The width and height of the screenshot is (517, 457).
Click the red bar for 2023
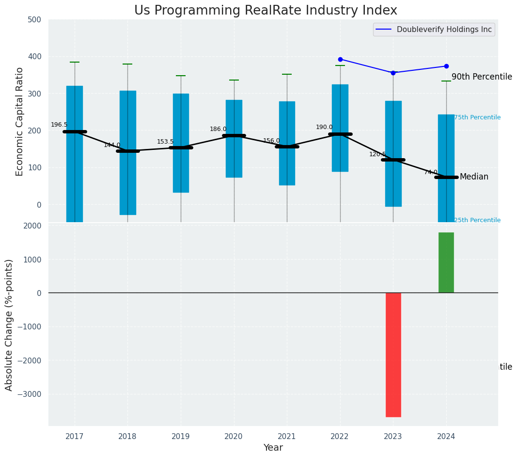pos(393,355)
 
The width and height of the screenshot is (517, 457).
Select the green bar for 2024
pos(446,262)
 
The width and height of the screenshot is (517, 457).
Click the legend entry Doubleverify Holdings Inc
pos(444,30)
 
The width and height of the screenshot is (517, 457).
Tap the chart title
pos(266,11)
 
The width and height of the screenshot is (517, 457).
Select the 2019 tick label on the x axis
pos(181,437)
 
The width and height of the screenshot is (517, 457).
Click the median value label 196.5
pos(59,125)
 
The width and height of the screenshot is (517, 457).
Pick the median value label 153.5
pos(165,142)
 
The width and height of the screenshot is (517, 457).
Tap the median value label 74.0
pos(431,172)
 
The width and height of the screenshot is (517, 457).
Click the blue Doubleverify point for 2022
pos(340,59)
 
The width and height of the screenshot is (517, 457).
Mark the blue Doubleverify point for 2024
pos(446,66)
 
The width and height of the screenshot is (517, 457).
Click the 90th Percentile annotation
pos(482,77)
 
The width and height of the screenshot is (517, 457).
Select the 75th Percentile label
pos(477,117)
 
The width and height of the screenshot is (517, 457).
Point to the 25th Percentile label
pos(477,220)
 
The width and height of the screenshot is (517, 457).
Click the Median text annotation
pos(474,177)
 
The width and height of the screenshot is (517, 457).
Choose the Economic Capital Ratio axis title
pos(20,121)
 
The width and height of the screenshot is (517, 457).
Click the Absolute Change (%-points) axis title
pos(9,325)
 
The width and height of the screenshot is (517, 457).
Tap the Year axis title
pos(273,448)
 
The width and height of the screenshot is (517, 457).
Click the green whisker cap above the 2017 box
pos(75,62)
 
